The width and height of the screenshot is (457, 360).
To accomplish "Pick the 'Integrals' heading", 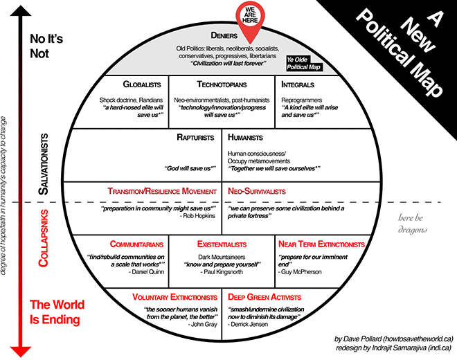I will point(299,84).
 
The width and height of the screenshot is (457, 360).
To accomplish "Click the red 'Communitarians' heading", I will point(136,244).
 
